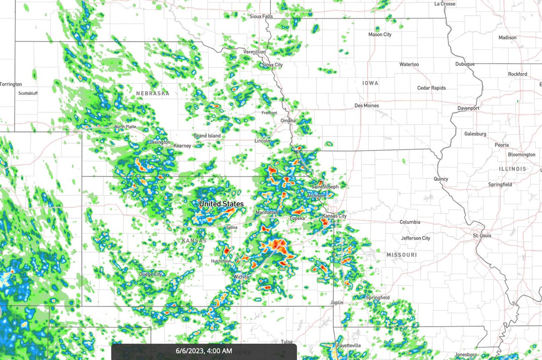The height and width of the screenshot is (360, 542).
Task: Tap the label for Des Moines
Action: coord(367,106)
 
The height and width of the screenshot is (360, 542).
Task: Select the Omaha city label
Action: coord(288,121)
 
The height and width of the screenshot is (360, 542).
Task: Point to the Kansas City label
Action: coord(334,216)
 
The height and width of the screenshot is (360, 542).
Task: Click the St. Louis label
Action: coord(482,236)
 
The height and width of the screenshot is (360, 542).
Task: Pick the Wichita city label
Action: coord(242,276)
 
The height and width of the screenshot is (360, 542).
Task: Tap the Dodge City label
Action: coord(150,274)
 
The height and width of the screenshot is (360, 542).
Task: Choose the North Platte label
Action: coord(125,127)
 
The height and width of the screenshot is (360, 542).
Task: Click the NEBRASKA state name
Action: coord(153,94)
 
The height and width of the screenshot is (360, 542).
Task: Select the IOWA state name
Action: coord(370,83)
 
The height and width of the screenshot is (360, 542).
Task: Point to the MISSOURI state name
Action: coord(402,255)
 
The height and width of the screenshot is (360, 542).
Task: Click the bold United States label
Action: coord(221,204)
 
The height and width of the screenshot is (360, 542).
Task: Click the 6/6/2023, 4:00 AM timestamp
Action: coord(204,351)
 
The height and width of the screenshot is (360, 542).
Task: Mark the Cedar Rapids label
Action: coord(431,88)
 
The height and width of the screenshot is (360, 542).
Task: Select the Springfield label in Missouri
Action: coord(378,298)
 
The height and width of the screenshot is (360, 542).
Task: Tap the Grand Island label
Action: coord(207,136)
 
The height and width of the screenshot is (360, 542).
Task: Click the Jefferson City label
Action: coord(416,238)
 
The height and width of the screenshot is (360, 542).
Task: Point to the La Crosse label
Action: coord(445,4)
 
